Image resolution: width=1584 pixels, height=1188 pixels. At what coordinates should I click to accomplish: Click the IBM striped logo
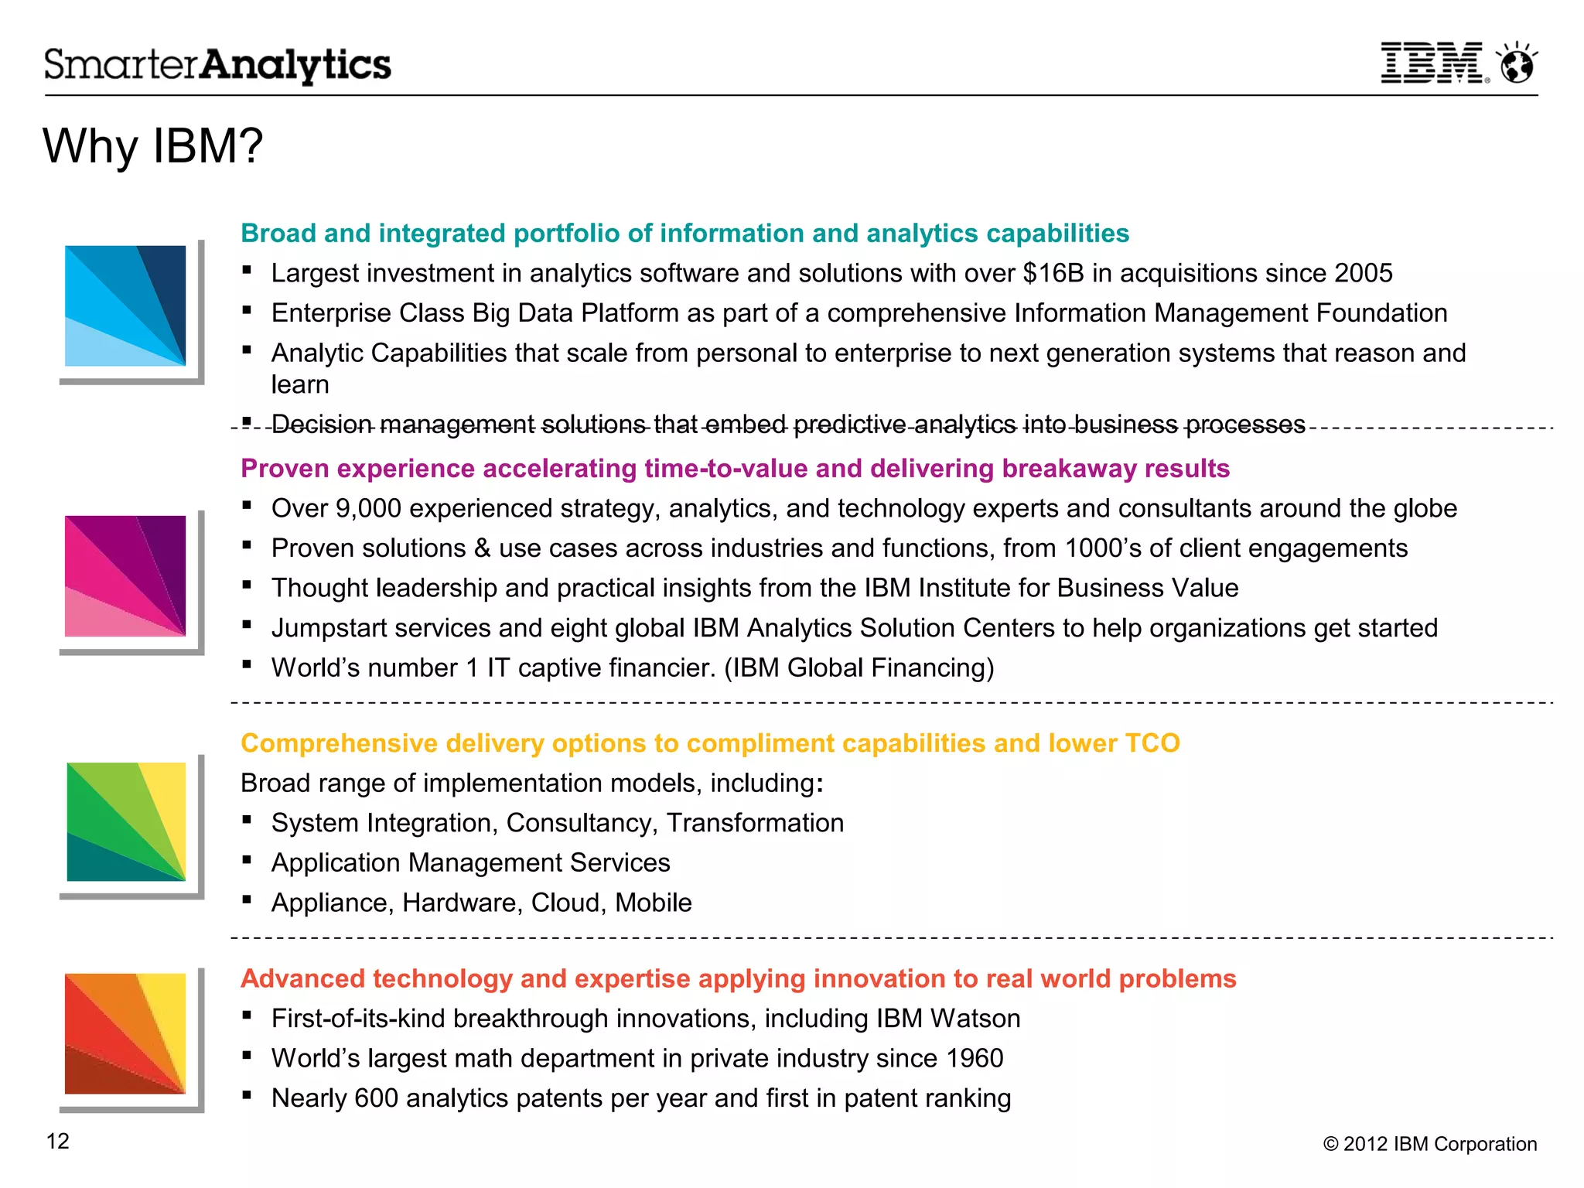click(1432, 63)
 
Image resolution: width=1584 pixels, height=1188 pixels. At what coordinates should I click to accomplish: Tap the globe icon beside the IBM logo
click(1517, 63)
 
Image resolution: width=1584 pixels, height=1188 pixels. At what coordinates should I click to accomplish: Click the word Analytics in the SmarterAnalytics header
click(296, 65)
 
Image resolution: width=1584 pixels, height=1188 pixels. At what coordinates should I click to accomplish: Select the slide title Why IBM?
click(153, 146)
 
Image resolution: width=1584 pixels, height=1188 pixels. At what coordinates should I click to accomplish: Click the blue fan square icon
click(126, 306)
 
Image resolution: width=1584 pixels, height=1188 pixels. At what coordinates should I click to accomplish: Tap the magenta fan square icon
click(126, 576)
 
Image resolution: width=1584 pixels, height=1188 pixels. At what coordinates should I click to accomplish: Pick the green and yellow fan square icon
click(126, 821)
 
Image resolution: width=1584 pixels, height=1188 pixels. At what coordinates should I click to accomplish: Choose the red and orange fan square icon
click(126, 1033)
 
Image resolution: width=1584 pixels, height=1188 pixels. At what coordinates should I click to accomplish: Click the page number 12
click(58, 1142)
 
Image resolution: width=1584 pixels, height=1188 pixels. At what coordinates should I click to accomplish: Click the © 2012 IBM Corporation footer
click(1429, 1144)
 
